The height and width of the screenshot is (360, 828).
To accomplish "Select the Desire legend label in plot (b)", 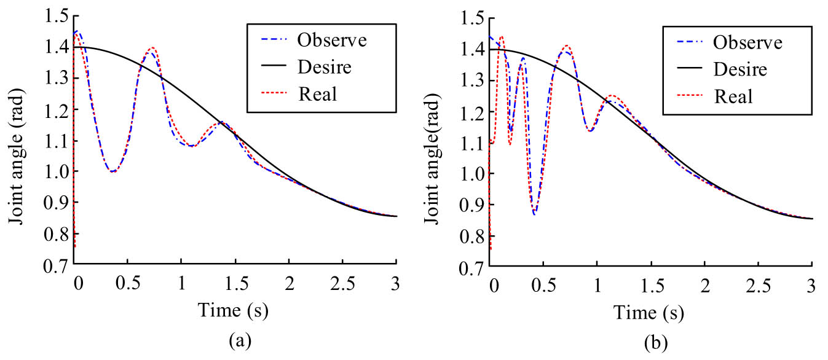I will [x=739, y=69].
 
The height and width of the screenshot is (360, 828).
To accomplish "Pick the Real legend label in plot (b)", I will [x=733, y=96].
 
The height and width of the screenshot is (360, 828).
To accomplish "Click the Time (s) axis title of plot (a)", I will [x=233, y=311].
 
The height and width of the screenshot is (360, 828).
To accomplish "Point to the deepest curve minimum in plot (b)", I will [x=535, y=213].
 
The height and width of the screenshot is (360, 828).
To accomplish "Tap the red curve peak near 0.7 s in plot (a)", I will [x=151, y=48].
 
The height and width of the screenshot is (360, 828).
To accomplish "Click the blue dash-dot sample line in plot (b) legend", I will [x=687, y=43].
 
